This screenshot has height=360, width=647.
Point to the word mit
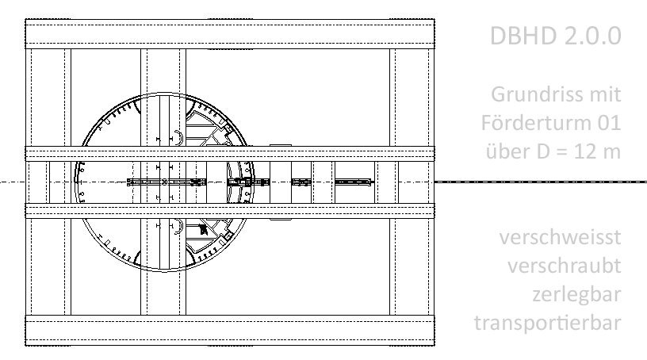click(603, 94)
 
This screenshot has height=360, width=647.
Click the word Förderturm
click(534, 123)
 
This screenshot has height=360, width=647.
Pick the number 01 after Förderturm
click(607, 123)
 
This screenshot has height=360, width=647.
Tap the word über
click(504, 151)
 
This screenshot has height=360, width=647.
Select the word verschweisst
click(561, 237)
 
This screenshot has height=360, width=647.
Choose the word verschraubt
click(565, 266)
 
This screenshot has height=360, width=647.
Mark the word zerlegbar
click(576, 294)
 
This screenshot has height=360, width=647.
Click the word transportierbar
click(547, 323)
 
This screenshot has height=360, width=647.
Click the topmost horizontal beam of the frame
click(230, 33)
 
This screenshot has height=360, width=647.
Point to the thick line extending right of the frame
click(539, 182)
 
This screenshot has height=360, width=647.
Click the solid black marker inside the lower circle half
click(203, 230)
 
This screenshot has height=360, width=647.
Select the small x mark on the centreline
click(164, 182)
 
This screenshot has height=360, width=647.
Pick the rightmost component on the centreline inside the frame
click(353, 182)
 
